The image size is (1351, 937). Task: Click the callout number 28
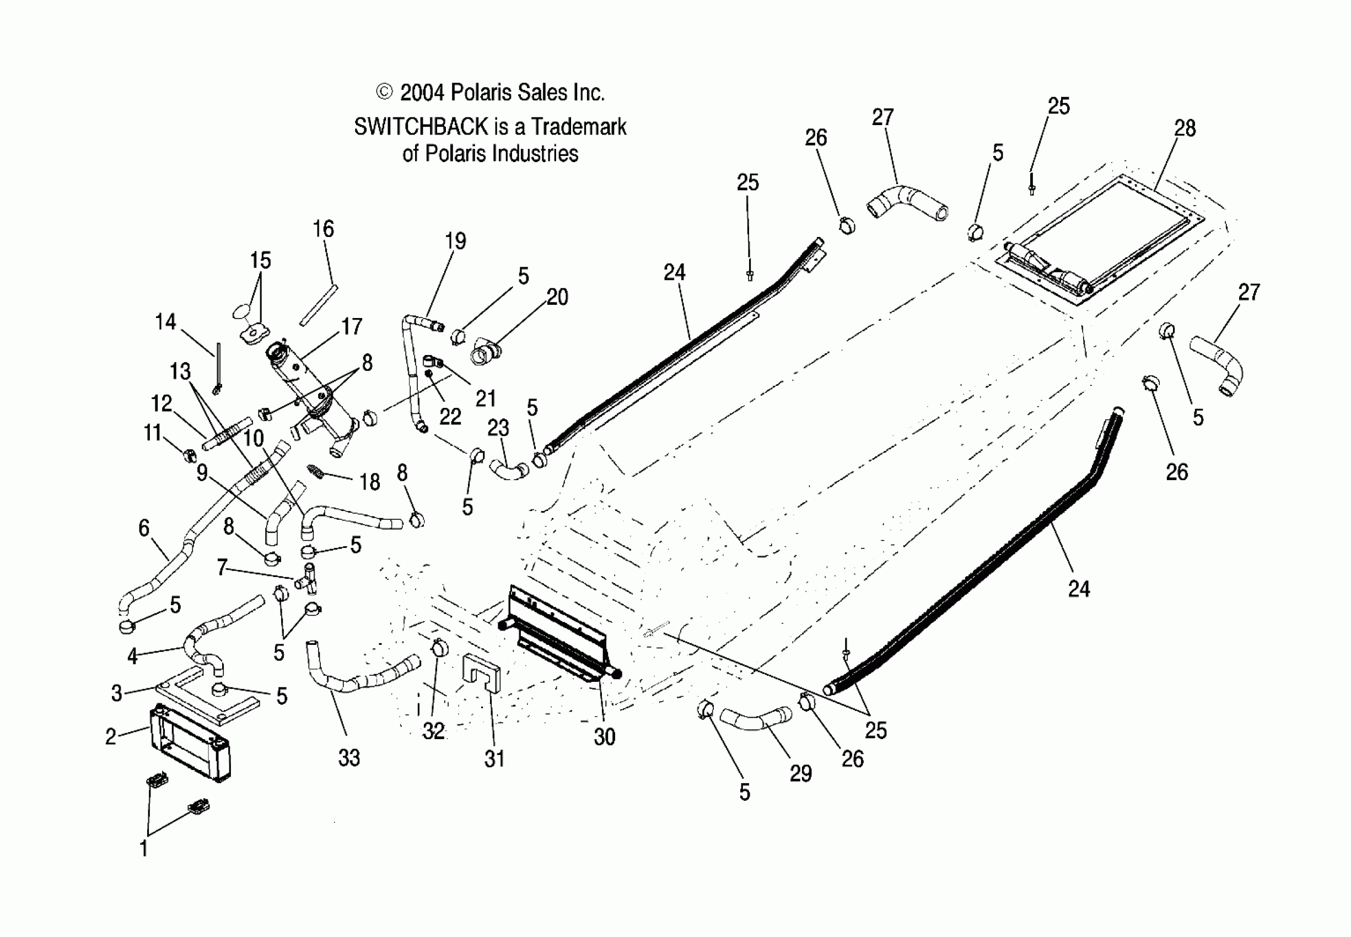pyautogui.click(x=1184, y=128)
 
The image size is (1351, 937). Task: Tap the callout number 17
pyautogui.click(x=352, y=326)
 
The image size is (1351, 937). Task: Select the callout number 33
pyautogui.click(x=349, y=758)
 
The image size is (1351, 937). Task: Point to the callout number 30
pyautogui.click(x=604, y=737)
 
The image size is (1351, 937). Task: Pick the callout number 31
pyautogui.click(x=494, y=759)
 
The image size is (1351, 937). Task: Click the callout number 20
pyautogui.click(x=557, y=297)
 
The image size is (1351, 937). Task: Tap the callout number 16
pyautogui.click(x=324, y=229)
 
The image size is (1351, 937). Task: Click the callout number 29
pyautogui.click(x=801, y=774)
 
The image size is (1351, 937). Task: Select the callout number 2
pyautogui.click(x=111, y=737)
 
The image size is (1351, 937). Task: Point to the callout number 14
pyautogui.click(x=165, y=322)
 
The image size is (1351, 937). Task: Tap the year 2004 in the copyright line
pyautogui.click(x=422, y=93)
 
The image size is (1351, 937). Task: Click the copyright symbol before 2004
pyautogui.click(x=384, y=92)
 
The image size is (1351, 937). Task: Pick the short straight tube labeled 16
pyautogui.click(x=317, y=305)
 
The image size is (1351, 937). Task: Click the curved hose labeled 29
pyautogui.click(x=756, y=720)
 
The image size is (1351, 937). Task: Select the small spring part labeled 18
pyautogui.click(x=316, y=471)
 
